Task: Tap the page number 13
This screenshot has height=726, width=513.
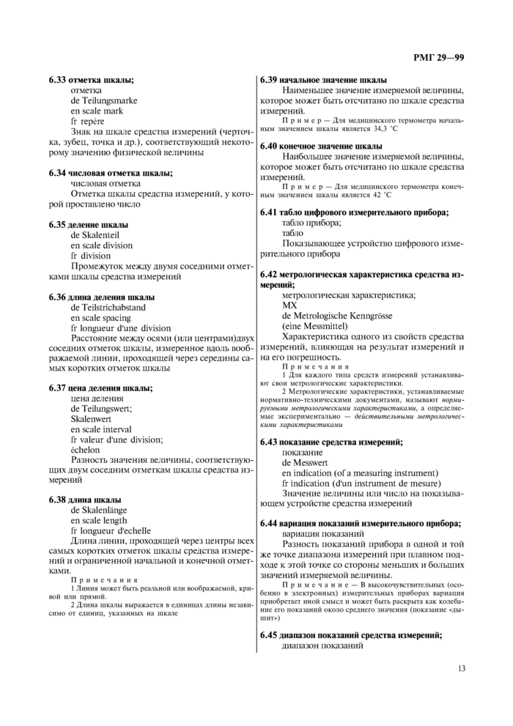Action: (x=461, y=667)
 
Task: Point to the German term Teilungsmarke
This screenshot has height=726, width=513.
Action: (x=103, y=100)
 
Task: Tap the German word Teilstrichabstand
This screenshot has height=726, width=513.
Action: (x=108, y=308)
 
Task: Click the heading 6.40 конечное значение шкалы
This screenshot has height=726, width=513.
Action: (x=321, y=146)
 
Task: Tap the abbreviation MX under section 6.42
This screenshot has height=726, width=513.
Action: (x=289, y=305)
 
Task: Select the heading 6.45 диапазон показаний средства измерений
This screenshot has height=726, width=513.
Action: (x=351, y=635)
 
